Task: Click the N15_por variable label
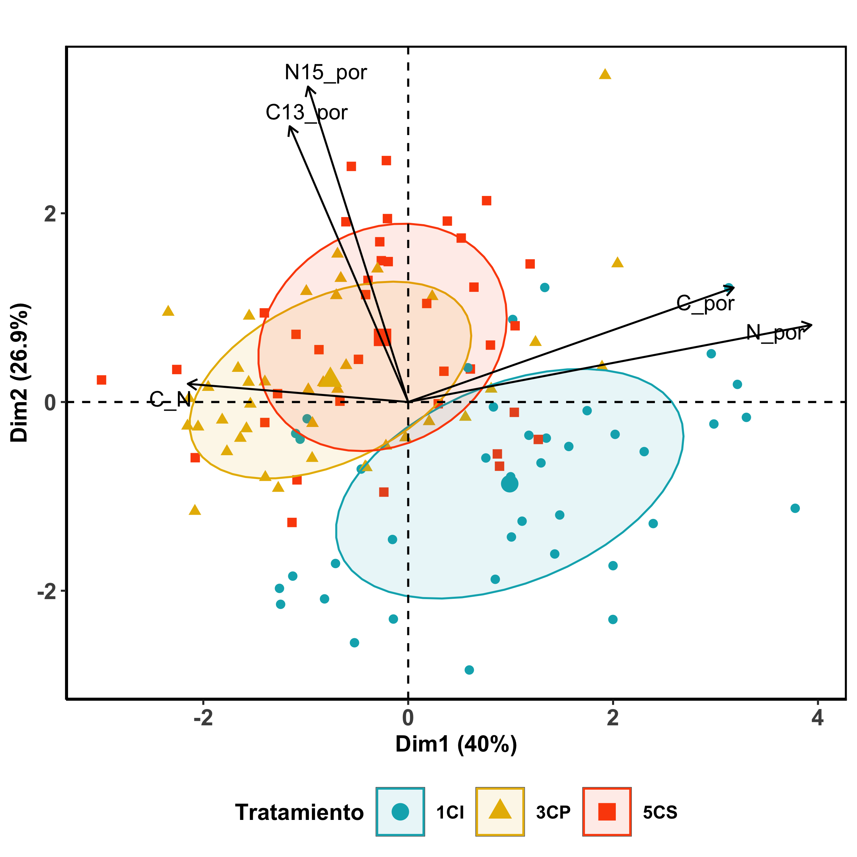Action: point(326,72)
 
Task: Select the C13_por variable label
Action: point(307,112)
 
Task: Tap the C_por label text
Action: point(705,303)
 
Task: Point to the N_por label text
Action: point(774,333)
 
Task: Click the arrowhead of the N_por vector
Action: point(811,325)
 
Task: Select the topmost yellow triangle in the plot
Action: point(605,74)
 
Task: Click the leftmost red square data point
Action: point(102,380)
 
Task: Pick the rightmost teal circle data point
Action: point(795,508)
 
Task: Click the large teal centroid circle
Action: point(510,484)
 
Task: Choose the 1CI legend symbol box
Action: point(400,812)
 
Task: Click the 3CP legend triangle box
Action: point(500,812)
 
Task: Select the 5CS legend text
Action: point(660,812)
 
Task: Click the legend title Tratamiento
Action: point(299,812)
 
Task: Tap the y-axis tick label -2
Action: point(47,593)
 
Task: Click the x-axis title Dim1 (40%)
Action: point(456,757)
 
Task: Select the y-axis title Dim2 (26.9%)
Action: point(20,373)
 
